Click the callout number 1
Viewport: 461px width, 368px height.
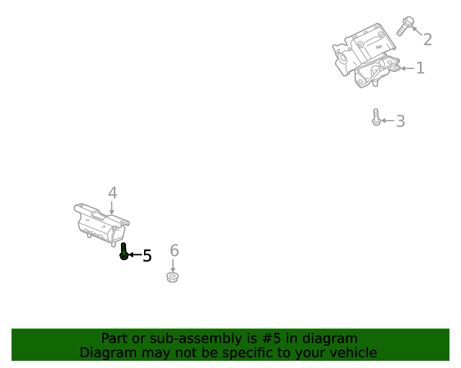pyautogui.click(x=421, y=68)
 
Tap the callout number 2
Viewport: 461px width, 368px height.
pyautogui.click(x=427, y=40)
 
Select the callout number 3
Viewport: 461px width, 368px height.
pyautogui.click(x=400, y=121)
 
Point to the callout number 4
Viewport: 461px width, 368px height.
pyautogui.click(x=112, y=193)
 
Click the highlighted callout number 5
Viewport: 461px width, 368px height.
pyautogui.click(x=147, y=255)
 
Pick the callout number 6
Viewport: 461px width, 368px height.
pyautogui.click(x=174, y=250)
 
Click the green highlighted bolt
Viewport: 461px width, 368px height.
pyautogui.click(x=124, y=252)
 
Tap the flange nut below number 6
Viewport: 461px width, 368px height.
pyautogui.click(x=173, y=277)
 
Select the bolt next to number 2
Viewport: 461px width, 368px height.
pyautogui.click(x=405, y=26)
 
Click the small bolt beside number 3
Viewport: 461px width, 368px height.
pyautogui.click(x=376, y=117)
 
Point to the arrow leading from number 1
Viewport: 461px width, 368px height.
pyautogui.click(x=408, y=68)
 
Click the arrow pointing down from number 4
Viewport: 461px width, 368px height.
pyautogui.click(x=112, y=208)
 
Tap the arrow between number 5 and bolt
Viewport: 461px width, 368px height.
pyautogui.click(x=135, y=254)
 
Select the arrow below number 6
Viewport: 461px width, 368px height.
pyautogui.click(x=173, y=265)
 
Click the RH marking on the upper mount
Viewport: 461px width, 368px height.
pyautogui.click(x=379, y=47)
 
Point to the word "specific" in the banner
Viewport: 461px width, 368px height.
pyautogui.click(x=247, y=353)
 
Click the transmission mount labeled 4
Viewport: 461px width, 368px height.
pyautogui.click(x=102, y=224)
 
